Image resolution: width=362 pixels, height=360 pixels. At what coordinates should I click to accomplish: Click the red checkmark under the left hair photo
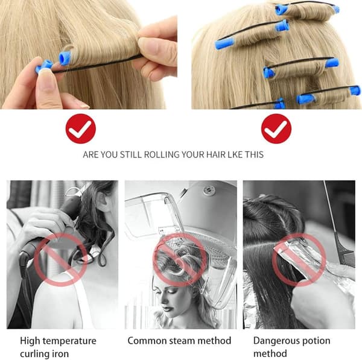tap(81, 128)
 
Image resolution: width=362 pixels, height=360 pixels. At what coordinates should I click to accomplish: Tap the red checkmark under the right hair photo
tap(276, 128)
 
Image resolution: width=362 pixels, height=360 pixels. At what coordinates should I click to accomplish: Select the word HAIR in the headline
tap(215, 154)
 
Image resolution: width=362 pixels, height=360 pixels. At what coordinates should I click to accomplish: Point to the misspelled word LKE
tap(235, 154)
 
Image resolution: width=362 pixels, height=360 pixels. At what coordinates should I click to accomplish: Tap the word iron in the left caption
tap(61, 354)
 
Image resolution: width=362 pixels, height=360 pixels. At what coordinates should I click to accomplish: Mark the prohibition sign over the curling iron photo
tap(61, 260)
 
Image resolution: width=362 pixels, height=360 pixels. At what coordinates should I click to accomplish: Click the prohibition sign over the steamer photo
tap(180, 260)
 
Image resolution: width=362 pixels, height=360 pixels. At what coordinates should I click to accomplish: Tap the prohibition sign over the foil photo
tap(299, 260)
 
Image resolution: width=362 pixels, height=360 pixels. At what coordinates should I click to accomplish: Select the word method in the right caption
tap(270, 353)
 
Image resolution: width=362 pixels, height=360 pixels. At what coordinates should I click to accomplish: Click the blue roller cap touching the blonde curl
tap(65, 58)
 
